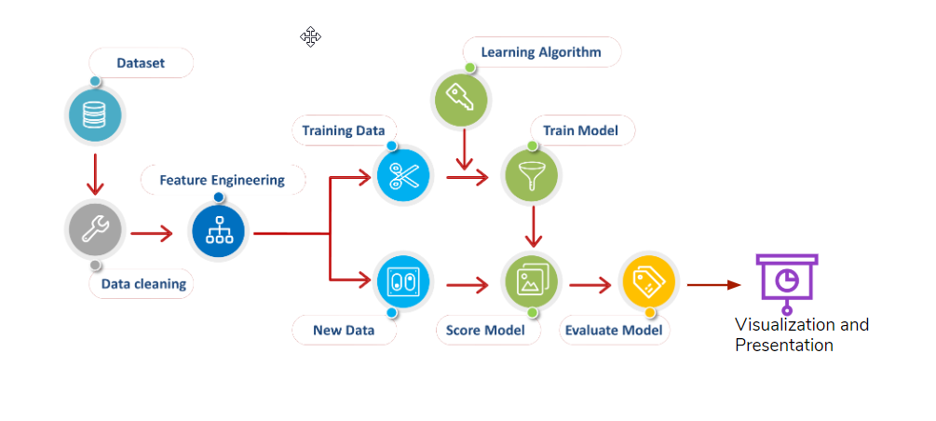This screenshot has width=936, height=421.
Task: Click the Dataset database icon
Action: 93,115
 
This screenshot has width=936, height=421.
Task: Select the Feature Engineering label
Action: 222,180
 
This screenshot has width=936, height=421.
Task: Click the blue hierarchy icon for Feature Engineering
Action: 218,232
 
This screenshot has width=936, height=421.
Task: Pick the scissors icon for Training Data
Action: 403,174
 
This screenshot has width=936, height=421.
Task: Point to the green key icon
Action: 463,97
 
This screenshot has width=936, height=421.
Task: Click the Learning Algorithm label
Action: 540,52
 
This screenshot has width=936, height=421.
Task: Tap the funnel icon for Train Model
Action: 531,174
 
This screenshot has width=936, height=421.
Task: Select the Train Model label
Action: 581,130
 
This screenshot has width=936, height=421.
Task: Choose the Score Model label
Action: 485,330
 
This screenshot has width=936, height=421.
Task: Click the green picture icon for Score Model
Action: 531,281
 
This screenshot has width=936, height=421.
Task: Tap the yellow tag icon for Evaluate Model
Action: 647,281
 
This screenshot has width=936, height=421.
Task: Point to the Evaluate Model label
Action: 613,330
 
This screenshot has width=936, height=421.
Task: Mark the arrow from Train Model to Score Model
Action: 532,227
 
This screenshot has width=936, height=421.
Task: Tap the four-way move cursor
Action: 310,36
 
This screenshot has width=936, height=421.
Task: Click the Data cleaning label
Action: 142,283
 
